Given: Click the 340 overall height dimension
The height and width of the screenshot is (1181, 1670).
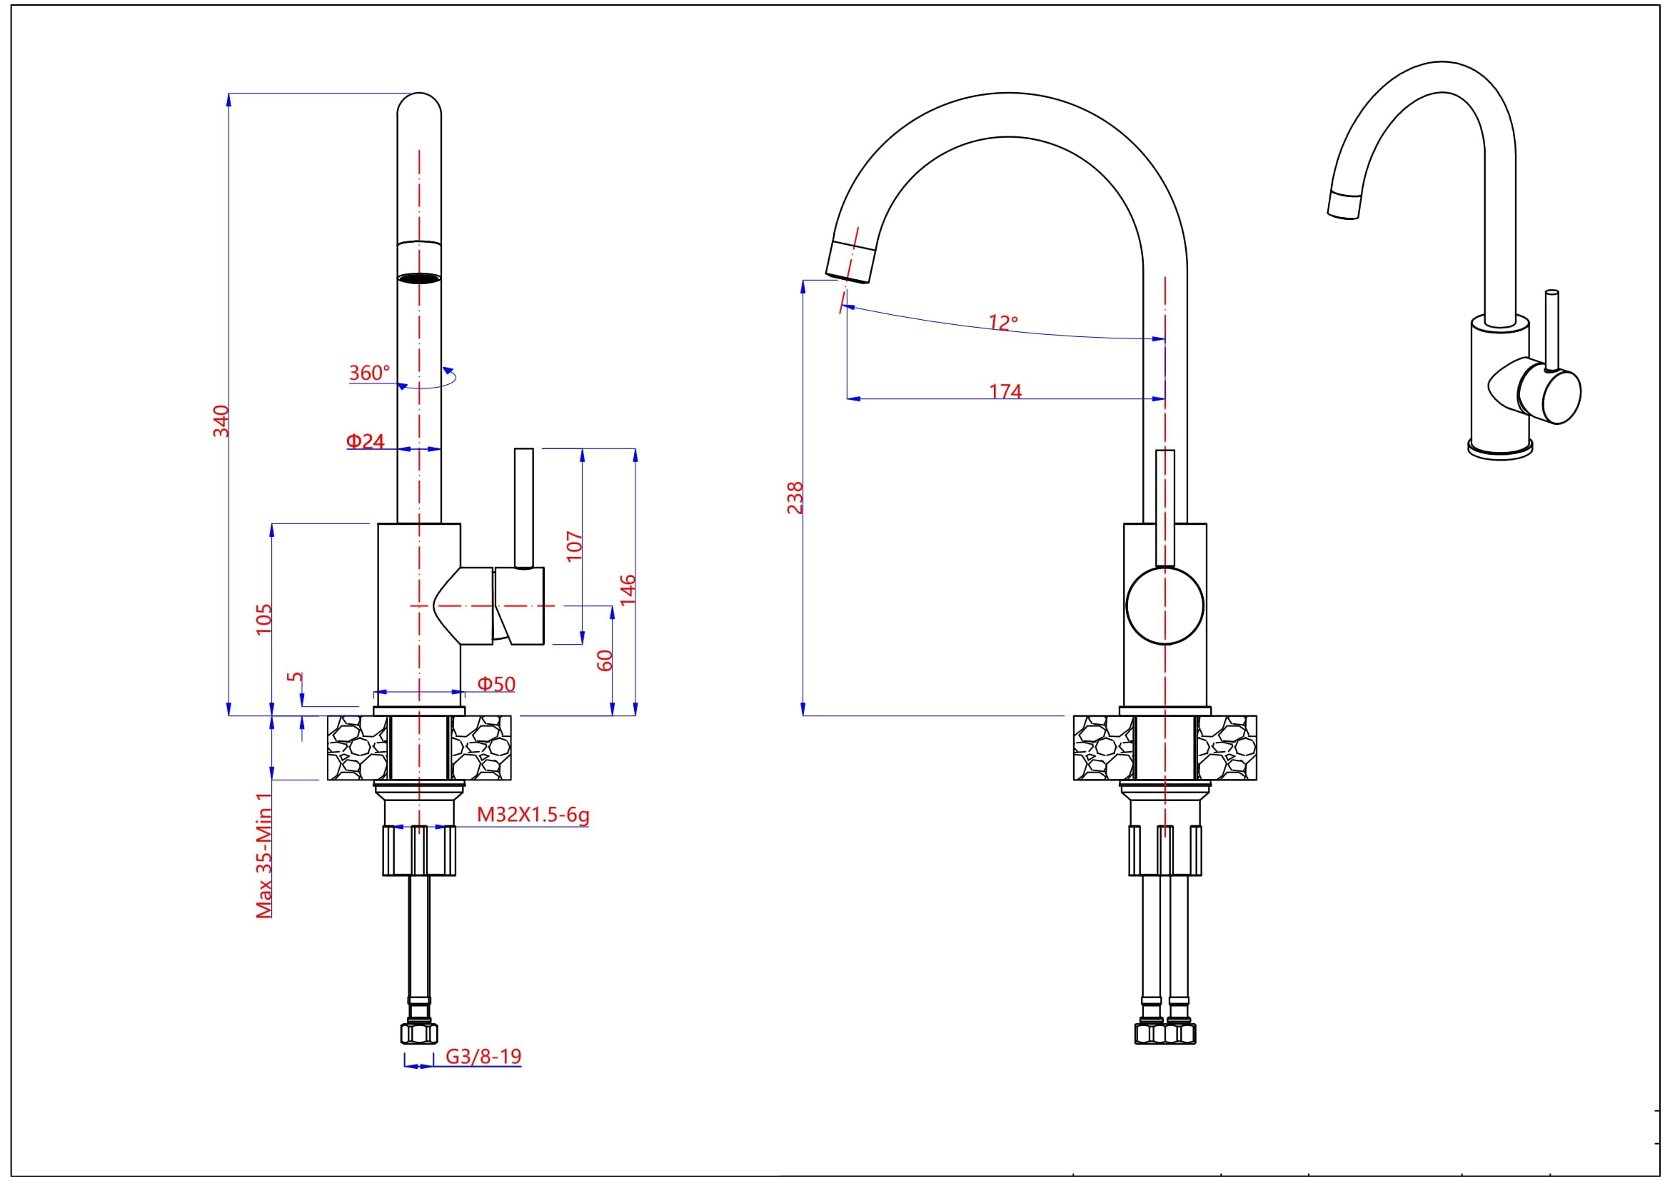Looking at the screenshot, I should point(221,421).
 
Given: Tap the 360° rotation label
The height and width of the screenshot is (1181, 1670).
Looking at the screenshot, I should point(370,373).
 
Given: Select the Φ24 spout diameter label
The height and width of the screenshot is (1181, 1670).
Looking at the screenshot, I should point(365,441).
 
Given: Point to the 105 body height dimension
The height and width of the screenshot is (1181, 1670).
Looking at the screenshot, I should point(263,619).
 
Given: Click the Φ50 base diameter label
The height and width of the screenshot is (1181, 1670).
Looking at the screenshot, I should point(496,684).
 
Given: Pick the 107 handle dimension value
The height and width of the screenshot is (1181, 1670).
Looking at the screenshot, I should point(575,546).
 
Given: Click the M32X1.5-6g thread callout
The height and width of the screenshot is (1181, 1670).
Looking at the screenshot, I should point(533,815).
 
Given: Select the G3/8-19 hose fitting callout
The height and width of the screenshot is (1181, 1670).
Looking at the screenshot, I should point(483,1056).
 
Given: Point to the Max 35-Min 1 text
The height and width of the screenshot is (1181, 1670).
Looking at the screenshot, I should point(264,855).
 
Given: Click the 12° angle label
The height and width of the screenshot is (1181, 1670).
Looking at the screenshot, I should point(1003,322).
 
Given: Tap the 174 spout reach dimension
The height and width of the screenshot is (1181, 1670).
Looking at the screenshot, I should point(1005,391).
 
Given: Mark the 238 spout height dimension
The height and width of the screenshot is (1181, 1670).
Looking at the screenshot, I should point(795,498).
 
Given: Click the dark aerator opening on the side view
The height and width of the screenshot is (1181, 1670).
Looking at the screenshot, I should point(420,278).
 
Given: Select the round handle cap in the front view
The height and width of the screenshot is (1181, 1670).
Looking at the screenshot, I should point(1165,605).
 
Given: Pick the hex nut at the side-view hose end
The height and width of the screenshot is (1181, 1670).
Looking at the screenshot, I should point(420,1033).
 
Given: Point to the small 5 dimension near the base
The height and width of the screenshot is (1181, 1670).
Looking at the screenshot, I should point(295,677).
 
